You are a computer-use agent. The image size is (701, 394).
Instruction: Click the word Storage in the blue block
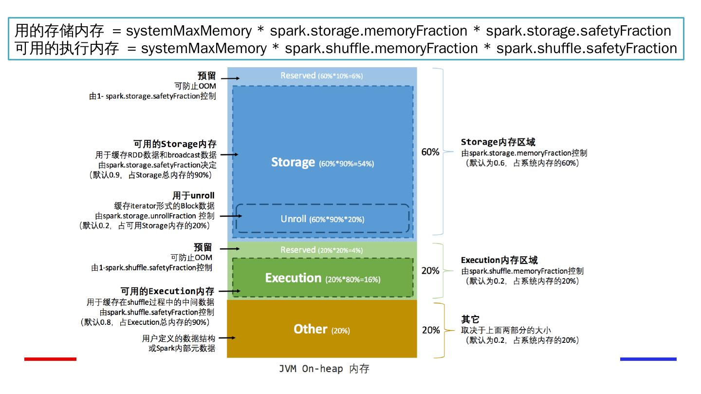(x=293, y=162)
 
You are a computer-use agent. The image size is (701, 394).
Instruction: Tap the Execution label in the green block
(x=293, y=278)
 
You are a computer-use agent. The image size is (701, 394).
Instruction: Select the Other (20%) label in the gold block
(x=321, y=330)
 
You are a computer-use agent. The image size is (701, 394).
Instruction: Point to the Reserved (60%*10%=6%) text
(x=321, y=75)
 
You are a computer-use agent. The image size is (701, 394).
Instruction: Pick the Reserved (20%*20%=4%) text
(x=321, y=250)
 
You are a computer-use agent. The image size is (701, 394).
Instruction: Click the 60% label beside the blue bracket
(x=430, y=152)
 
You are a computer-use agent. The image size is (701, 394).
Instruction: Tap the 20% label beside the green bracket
(x=430, y=270)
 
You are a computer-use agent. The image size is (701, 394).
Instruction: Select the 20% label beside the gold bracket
(x=430, y=330)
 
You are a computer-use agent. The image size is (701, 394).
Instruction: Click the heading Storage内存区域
(x=498, y=142)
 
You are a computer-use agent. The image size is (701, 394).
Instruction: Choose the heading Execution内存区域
(x=499, y=260)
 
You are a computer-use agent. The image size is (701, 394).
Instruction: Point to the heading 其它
(x=470, y=319)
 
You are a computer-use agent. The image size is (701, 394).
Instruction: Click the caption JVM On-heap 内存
(x=324, y=369)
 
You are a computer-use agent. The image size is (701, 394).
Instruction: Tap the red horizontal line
(x=50, y=359)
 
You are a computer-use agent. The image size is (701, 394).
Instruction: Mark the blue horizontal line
(x=648, y=359)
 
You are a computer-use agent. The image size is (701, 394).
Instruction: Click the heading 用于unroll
(x=193, y=195)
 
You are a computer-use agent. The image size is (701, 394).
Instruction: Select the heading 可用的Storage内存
(x=175, y=144)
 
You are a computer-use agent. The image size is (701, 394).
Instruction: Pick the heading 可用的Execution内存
(x=167, y=291)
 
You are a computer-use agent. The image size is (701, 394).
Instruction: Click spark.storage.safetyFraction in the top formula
(x=578, y=31)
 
